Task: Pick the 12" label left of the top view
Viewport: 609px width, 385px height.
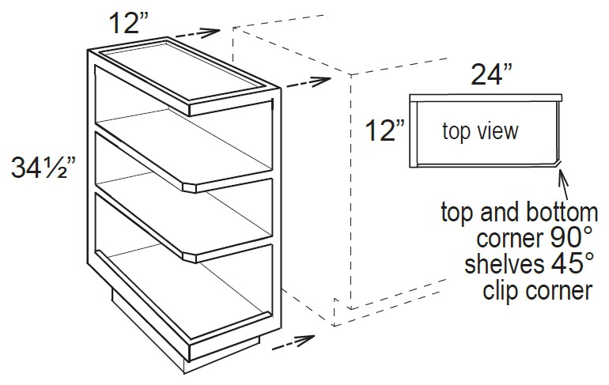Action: click(x=385, y=130)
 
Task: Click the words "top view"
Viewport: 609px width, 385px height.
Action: click(x=480, y=130)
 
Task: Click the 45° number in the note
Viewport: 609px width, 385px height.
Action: click(x=566, y=265)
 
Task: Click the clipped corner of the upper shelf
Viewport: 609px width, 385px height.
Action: click(x=191, y=187)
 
